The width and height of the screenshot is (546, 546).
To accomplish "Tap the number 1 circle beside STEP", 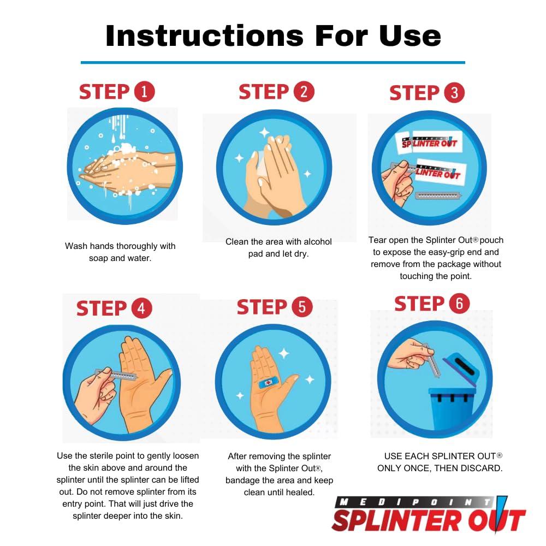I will [144, 91].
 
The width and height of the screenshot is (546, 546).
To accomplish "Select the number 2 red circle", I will [304, 91].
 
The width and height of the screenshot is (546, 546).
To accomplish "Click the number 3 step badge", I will [454, 93].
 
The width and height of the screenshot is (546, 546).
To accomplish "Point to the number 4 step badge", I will [141, 308].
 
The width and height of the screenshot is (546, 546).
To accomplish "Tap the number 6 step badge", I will [459, 304].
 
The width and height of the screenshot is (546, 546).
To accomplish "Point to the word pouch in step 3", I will [491, 240].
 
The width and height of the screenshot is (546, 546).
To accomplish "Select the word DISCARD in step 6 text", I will [483, 468].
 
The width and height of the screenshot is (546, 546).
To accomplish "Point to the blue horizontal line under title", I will [272, 62].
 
